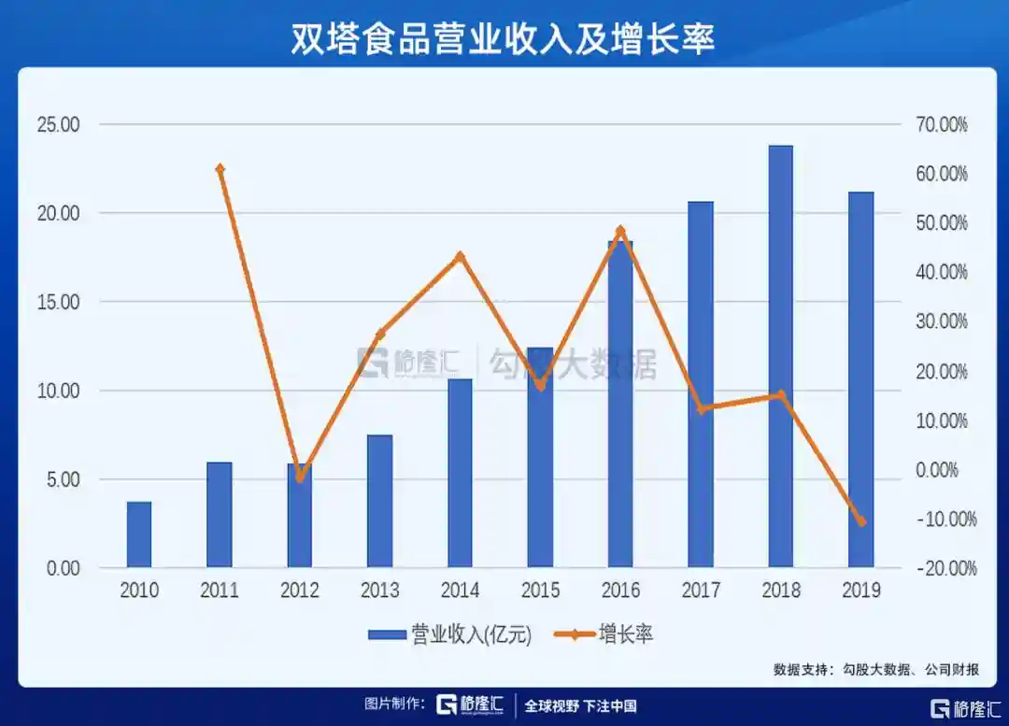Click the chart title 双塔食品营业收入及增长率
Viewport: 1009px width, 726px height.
coord(504,40)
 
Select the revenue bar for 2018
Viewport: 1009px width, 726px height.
coord(780,356)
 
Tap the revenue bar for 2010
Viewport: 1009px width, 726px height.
coord(139,534)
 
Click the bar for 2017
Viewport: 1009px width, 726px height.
coord(700,384)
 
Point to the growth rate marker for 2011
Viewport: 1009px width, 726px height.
coord(220,169)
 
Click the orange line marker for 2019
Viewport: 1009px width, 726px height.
coord(861,521)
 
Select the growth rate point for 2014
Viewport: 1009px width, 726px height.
coord(460,256)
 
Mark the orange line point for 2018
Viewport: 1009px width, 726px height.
coord(781,394)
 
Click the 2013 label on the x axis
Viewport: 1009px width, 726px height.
coord(379,591)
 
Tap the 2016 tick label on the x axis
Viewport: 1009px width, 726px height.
coord(620,591)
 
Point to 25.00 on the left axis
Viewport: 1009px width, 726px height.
coord(59,124)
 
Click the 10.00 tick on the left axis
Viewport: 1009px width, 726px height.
coord(59,391)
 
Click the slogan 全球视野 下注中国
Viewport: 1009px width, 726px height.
coord(580,705)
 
